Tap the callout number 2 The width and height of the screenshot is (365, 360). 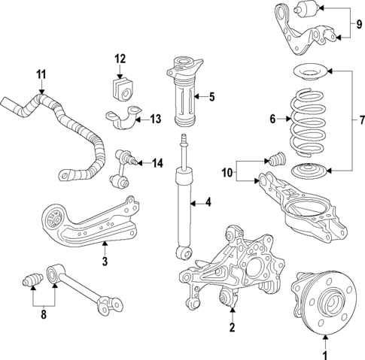(233, 328)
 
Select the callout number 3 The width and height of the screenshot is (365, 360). (105, 262)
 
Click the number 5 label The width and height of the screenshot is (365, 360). (212, 95)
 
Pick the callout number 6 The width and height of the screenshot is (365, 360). (272, 118)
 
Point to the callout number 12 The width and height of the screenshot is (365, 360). (120, 58)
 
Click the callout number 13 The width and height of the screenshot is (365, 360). (156, 119)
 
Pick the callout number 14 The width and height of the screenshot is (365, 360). (157, 163)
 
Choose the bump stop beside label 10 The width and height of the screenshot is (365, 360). (275, 161)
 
